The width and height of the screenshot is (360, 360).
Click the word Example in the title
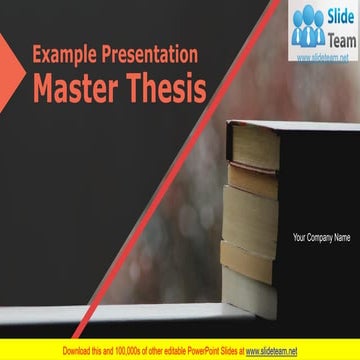tap(66, 56)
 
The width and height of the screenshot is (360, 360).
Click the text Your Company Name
tap(321, 238)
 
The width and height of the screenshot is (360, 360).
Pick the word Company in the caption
tap(320, 238)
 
